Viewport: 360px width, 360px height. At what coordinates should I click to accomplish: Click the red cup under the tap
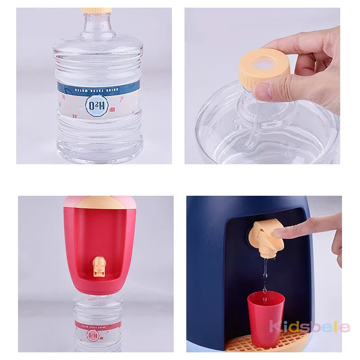pyautogui.click(x=265, y=318)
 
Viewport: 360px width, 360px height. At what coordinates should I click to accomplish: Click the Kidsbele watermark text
pyautogui.click(x=309, y=326)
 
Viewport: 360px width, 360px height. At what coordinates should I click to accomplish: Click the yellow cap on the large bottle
pyautogui.click(x=97, y=10)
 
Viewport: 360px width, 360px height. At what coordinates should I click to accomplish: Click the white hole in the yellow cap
pyautogui.click(x=264, y=62)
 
